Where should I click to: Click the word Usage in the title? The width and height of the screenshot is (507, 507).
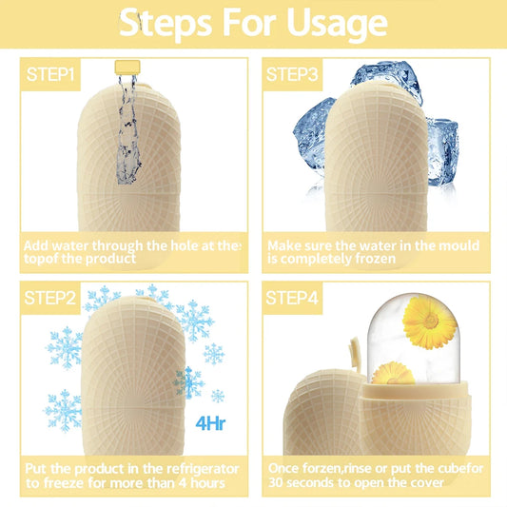323,22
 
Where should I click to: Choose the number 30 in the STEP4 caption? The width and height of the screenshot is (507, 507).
277,482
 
